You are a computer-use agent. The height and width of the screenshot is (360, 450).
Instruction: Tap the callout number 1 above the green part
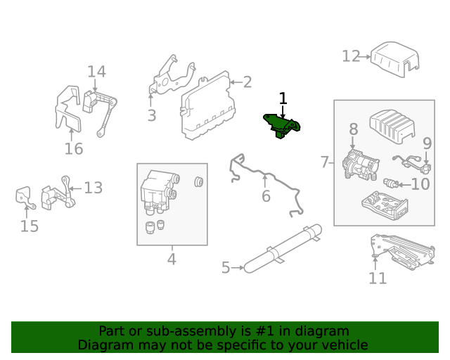click(x=283, y=98)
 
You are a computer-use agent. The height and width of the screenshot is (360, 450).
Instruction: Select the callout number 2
click(x=247, y=82)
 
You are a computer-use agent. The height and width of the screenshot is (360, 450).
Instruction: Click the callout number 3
click(x=152, y=115)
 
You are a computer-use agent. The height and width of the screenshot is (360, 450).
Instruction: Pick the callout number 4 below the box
click(x=172, y=259)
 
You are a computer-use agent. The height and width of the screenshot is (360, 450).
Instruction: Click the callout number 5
click(x=226, y=267)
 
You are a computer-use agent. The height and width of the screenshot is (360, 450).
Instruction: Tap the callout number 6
click(x=266, y=196)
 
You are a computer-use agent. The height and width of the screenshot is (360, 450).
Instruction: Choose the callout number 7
click(x=325, y=162)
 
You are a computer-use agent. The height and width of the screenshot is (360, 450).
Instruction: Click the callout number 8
click(x=353, y=129)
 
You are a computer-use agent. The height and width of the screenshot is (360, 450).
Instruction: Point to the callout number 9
click(x=426, y=143)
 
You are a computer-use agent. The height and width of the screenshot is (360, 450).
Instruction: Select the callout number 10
click(x=420, y=185)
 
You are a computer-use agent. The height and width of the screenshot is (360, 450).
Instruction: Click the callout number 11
click(x=378, y=278)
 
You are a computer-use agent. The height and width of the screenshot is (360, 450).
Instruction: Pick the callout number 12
click(x=351, y=56)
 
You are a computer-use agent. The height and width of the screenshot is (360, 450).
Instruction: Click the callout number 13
click(x=94, y=188)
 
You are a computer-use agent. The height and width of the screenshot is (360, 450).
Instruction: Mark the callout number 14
click(x=96, y=71)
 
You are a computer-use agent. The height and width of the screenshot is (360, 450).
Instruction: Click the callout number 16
click(x=74, y=148)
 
